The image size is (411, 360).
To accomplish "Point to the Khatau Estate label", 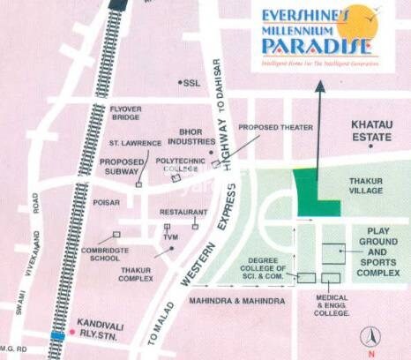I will pyautogui.click(x=370, y=132).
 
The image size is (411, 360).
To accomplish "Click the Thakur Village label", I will pyautogui.click(x=365, y=184).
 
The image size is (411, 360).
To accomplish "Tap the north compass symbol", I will pyautogui.click(x=372, y=335).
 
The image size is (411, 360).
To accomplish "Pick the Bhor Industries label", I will pyautogui.click(x=191, y=137).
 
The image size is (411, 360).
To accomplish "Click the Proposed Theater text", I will pyautogui.click(x=275, y=128).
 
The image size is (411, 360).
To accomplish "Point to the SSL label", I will pyautogui.click(x=191, y=83).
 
